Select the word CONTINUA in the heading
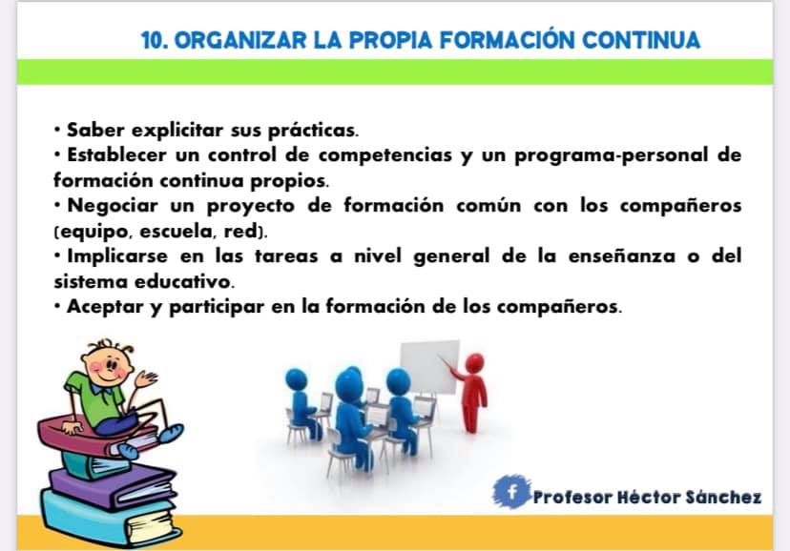click(641, 40)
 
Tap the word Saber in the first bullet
click(95, 130)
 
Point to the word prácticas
click(313, 131)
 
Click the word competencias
click(385, 155)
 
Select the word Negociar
click(113, 206)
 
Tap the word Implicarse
click(117, 256)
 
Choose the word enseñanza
click(622, 256)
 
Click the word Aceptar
click(105, 306)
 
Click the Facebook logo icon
click(512, 491)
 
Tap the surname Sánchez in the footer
click(723, 498)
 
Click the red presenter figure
click(471, 393)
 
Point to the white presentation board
click(429, 366)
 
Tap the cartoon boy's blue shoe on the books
click(170, 434)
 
